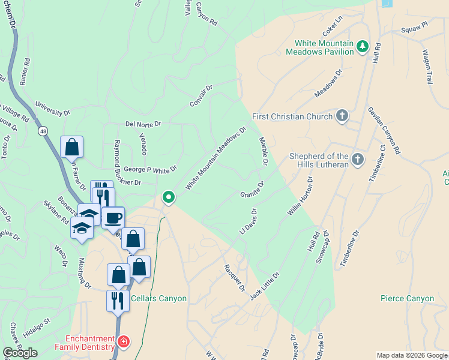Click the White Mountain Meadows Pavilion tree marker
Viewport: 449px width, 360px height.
(362, 46)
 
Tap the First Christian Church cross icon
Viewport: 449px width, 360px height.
(342, 116)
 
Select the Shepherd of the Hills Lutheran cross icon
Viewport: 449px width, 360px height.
(358, 159)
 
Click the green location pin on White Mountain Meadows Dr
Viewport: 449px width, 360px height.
(169, 197)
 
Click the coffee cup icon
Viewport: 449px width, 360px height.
(112, 218)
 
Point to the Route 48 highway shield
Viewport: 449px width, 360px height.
(42, 130)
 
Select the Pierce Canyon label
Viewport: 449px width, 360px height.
(407, 298)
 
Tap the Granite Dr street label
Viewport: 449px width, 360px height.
(252, 190)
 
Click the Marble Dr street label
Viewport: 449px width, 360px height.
(263, 151)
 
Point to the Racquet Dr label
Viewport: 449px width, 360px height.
(235, 277)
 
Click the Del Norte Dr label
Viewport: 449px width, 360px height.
(143, 124)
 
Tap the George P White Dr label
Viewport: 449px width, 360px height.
(150, 170)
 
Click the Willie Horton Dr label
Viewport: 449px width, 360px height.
(300, 197)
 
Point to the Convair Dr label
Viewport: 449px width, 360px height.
(201, 96)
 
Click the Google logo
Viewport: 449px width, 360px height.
(20, 353)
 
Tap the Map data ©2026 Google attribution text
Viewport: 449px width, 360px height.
(412, 355)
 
